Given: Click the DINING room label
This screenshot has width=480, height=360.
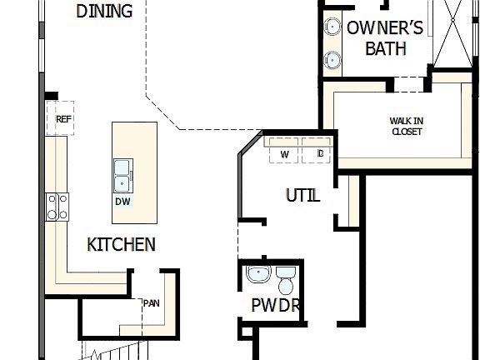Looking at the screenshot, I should tap(104, 11).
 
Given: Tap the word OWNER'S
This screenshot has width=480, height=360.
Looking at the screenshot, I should tap(385, 28).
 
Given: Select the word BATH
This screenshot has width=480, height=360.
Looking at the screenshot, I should tap(386, 48).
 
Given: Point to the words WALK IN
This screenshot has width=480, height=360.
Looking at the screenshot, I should tap(406, 121).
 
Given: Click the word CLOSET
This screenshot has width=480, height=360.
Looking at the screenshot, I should tap(406, 132).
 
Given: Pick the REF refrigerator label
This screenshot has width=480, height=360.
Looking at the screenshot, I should tap(63, 119).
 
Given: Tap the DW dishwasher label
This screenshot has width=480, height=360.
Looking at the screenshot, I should tap(122, 201).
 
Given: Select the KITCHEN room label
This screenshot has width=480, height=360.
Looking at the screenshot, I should tap(121, 244).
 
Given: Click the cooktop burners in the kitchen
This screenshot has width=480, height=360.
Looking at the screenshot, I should tap(57, 206).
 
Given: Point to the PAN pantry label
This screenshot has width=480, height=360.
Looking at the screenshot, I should tap(151, 302).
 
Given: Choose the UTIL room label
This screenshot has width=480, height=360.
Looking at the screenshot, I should tap(302, 197).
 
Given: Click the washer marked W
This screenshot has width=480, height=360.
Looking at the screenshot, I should tap(284, 154).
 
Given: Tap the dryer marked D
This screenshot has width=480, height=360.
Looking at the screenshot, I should tap(319, 154).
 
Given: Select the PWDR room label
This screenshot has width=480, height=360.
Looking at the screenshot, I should tap(275, 306).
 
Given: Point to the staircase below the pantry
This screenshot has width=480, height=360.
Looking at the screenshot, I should tap(117, 352).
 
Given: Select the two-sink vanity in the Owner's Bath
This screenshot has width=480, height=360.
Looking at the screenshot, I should tap(332, 42).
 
